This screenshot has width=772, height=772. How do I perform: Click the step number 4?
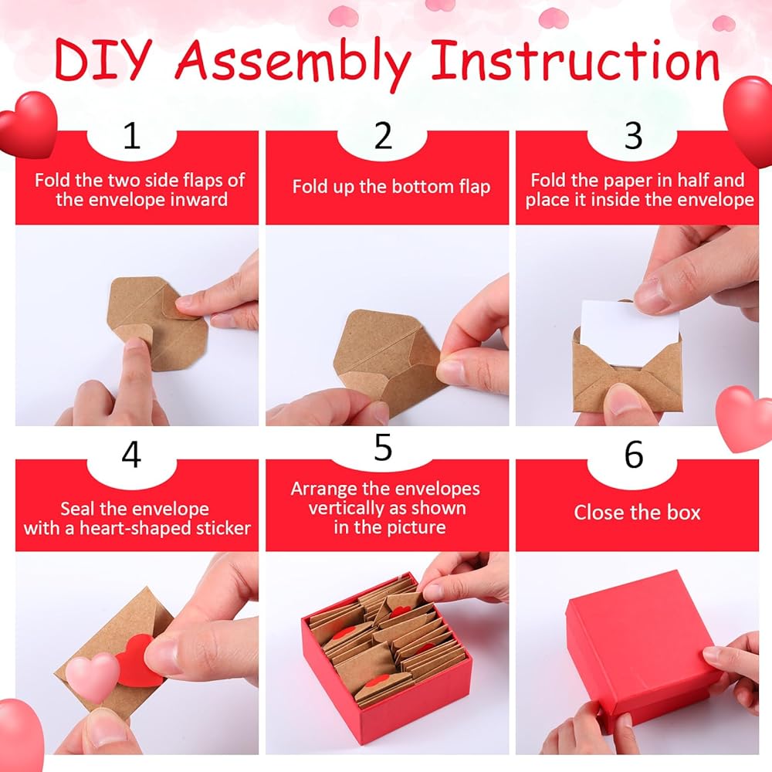point(131,455)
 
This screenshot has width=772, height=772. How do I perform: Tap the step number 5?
point(383,447)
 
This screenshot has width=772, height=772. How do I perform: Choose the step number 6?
point(634,455)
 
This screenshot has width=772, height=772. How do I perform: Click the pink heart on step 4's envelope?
point(93,675)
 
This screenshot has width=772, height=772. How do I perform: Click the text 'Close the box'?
point(637,513)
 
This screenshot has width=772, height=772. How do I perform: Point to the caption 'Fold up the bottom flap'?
point(391,187)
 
